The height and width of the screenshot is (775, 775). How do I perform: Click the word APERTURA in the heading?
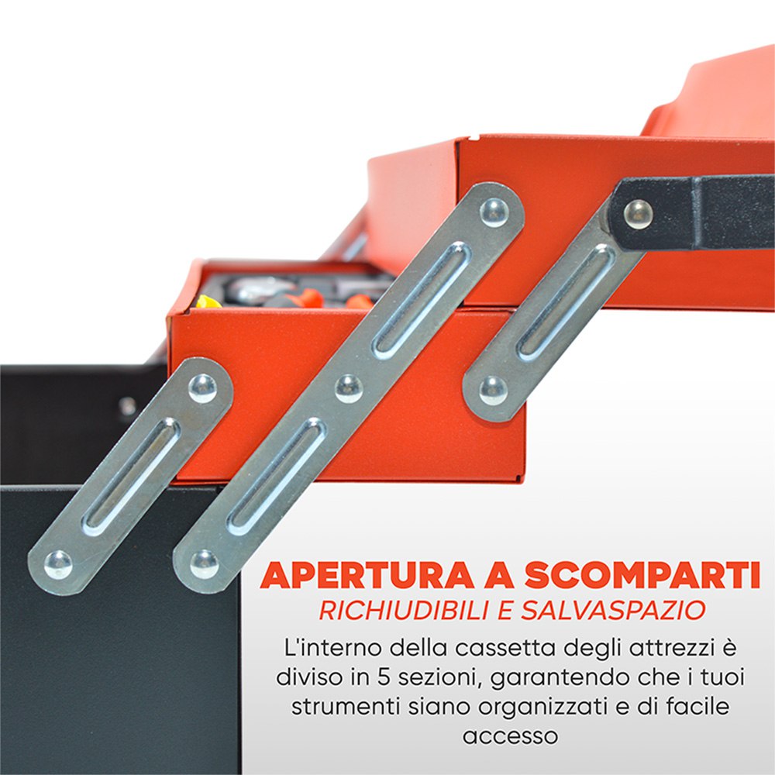367,575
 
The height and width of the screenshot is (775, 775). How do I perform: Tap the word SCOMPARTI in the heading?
642,575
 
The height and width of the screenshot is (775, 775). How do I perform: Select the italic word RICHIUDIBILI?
405,610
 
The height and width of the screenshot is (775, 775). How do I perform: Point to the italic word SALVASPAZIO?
613,610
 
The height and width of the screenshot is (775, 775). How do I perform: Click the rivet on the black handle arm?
638,214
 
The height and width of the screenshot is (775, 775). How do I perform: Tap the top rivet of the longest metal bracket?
494,212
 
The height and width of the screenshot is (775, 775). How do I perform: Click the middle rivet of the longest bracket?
349,388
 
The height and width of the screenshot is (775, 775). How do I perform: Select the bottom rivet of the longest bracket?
204,564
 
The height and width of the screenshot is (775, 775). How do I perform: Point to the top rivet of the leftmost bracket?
202,388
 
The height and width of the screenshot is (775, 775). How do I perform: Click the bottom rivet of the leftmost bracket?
58,564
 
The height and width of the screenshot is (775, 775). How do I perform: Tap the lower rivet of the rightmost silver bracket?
493,390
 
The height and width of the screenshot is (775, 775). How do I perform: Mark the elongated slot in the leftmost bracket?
131,477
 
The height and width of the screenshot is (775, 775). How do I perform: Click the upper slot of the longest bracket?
422,301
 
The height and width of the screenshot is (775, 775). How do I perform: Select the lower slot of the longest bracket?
277,477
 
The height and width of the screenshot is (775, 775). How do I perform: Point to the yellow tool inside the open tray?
208,301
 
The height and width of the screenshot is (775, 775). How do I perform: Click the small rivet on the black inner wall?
128,407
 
